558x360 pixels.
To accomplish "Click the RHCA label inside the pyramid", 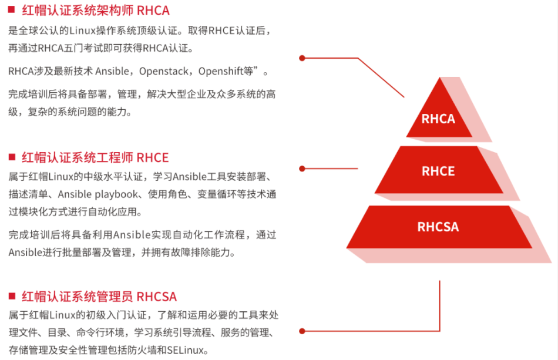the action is (x=438, y=119).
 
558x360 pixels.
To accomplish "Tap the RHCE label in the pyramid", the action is (x=438, y=171).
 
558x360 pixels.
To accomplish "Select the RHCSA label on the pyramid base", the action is (x=438, y=227).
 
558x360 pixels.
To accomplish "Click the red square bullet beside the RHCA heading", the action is (x=11, y=10).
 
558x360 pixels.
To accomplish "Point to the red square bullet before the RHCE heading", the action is (x=11, y=157).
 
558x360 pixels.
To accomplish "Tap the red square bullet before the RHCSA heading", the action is (x=11, y=296).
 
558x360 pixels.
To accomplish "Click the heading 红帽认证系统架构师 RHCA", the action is (x=95, y=11).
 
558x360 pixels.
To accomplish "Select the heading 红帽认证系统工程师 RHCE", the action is (x=95, y=157).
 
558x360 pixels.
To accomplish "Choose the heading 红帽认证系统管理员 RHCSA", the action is (x=99, y=297).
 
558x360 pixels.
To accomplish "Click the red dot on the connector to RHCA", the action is (x=302, y=58).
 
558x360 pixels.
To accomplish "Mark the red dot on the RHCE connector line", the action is (x=302, y=167).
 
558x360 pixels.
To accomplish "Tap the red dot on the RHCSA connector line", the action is (x=302, y=331).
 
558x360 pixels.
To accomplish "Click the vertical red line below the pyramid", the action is (x=439, y=305).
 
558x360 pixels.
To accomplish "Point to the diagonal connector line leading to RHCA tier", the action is (x=381, y=78).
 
